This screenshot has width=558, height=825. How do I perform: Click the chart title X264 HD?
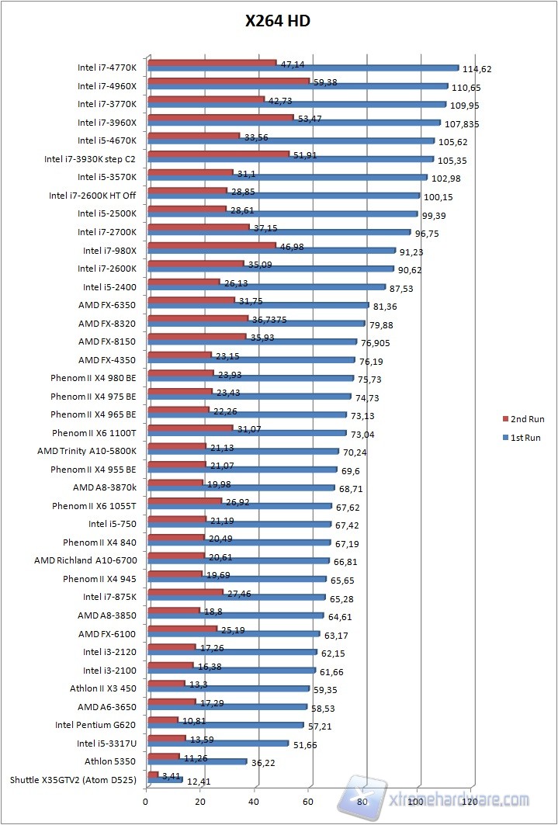[x=279, y=22]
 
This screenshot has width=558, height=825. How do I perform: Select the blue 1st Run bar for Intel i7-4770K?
[x=303, y=68]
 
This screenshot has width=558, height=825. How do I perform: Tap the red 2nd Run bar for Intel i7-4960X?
[x=228, y=80]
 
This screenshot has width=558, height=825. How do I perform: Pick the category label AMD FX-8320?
[x=107, y=324]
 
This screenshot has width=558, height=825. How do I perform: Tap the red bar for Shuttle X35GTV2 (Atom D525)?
[x=153, y=775]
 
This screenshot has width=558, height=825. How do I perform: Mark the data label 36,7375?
[x=269, y=319]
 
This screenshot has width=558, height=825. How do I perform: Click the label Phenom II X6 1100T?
[x=94, y=433]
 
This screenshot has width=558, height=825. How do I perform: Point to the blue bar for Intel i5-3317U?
[x=217, y=744]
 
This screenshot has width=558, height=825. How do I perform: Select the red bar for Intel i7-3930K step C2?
[x=218, y=154]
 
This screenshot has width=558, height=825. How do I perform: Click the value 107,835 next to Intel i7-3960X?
[x=460, y=123]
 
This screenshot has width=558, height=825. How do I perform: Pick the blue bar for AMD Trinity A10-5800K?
[x=243, y=452]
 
